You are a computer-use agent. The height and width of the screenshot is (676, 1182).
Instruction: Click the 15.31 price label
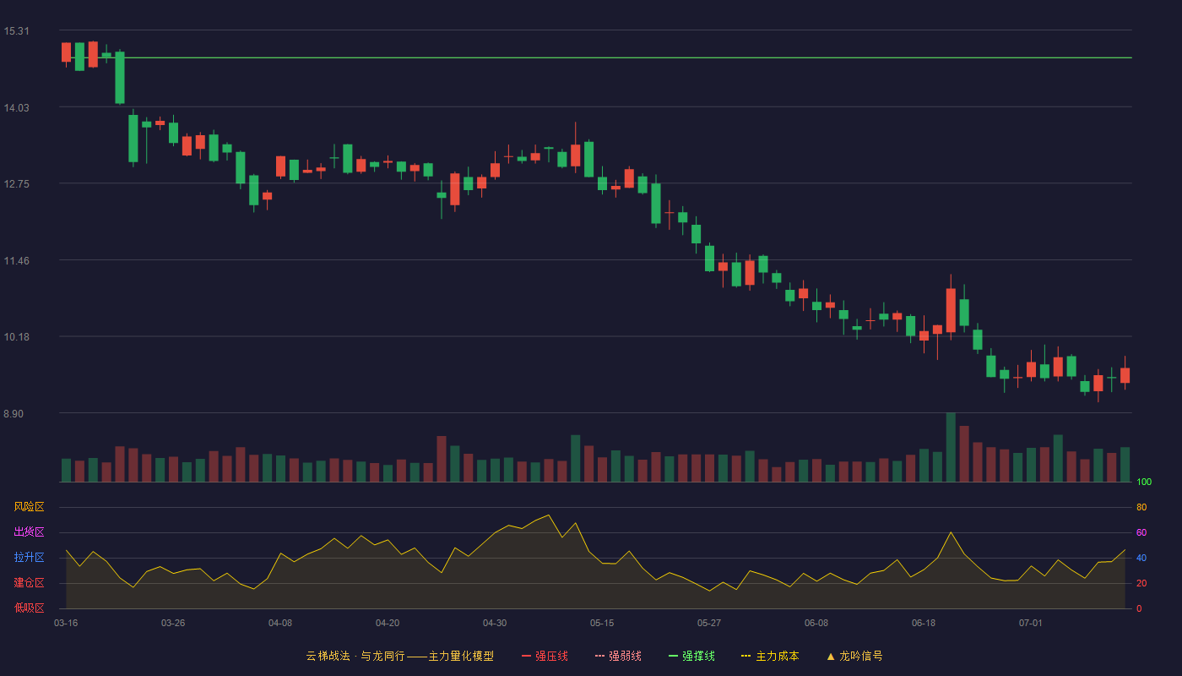point(16,31)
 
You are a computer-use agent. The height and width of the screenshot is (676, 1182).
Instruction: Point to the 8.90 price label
point(14,414)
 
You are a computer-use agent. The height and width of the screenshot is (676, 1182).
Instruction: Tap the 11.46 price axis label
point(16,261)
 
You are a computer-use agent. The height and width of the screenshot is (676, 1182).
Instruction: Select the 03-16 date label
point(66,624)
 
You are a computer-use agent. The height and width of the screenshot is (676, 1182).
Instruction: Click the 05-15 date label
point(602,624)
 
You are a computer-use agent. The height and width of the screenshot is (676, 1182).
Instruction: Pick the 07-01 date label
point(1031,624)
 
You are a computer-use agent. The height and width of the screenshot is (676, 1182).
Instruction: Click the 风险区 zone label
point(29,507)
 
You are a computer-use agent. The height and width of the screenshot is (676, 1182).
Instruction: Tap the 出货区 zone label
point(29,532)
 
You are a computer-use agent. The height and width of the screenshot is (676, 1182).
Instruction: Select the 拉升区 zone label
point(29,557)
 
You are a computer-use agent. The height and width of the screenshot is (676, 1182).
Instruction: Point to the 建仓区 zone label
point(29,582)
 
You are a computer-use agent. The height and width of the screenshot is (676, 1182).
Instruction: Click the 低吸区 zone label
point(29,608)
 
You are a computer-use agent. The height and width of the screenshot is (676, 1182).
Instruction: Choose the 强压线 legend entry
point(545,656)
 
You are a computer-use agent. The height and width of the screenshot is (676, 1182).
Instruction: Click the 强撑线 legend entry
point(691,656)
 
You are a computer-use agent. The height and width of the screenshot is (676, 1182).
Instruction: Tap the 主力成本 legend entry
point(770,656)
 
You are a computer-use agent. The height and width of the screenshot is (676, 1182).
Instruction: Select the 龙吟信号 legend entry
point(854,656)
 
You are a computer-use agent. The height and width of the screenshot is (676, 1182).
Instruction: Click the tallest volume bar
point(951,447)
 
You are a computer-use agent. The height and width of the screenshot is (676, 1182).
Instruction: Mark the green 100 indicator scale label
point(1144,482)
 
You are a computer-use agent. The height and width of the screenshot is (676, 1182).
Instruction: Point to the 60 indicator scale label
point(1141,532)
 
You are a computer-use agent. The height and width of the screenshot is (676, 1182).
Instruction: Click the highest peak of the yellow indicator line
point(549,515)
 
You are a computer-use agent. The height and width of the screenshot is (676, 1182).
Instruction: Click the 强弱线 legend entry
point(618,656)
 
